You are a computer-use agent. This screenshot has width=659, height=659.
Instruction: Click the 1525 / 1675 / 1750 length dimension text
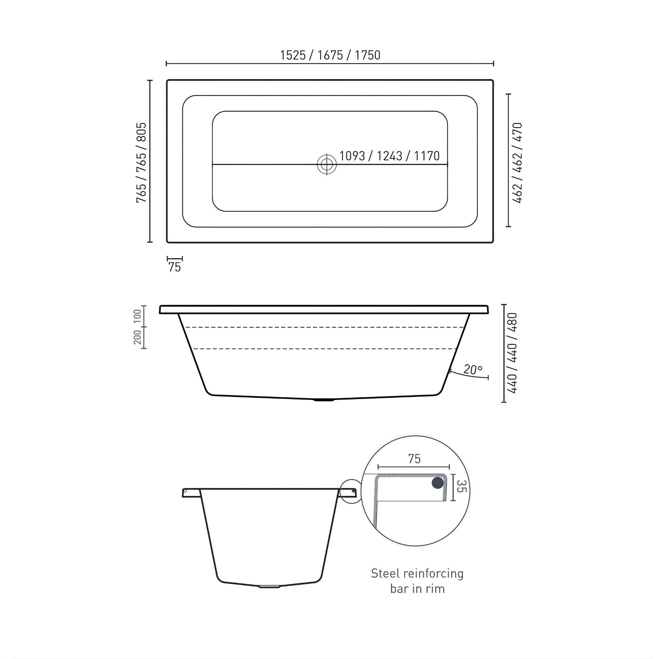coord(330,55)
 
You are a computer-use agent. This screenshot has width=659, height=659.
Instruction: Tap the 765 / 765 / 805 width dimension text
coord(141,162)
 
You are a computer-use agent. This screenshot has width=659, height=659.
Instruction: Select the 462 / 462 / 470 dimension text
coord(517,163)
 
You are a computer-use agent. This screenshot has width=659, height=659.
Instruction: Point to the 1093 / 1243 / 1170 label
coord(389,156)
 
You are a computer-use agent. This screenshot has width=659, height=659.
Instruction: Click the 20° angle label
coord(473,369)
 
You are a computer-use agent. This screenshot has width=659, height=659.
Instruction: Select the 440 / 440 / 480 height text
coord(512,353)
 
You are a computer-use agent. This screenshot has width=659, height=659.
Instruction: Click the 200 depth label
coord(137,337)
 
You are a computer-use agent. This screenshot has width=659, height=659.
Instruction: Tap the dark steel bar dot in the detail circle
coord(438,483)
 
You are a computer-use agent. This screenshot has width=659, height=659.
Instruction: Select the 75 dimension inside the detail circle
coord(414,459)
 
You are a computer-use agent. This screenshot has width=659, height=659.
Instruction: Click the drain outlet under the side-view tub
coord(324,399)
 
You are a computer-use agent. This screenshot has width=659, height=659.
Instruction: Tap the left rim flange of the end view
coord(191,493)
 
